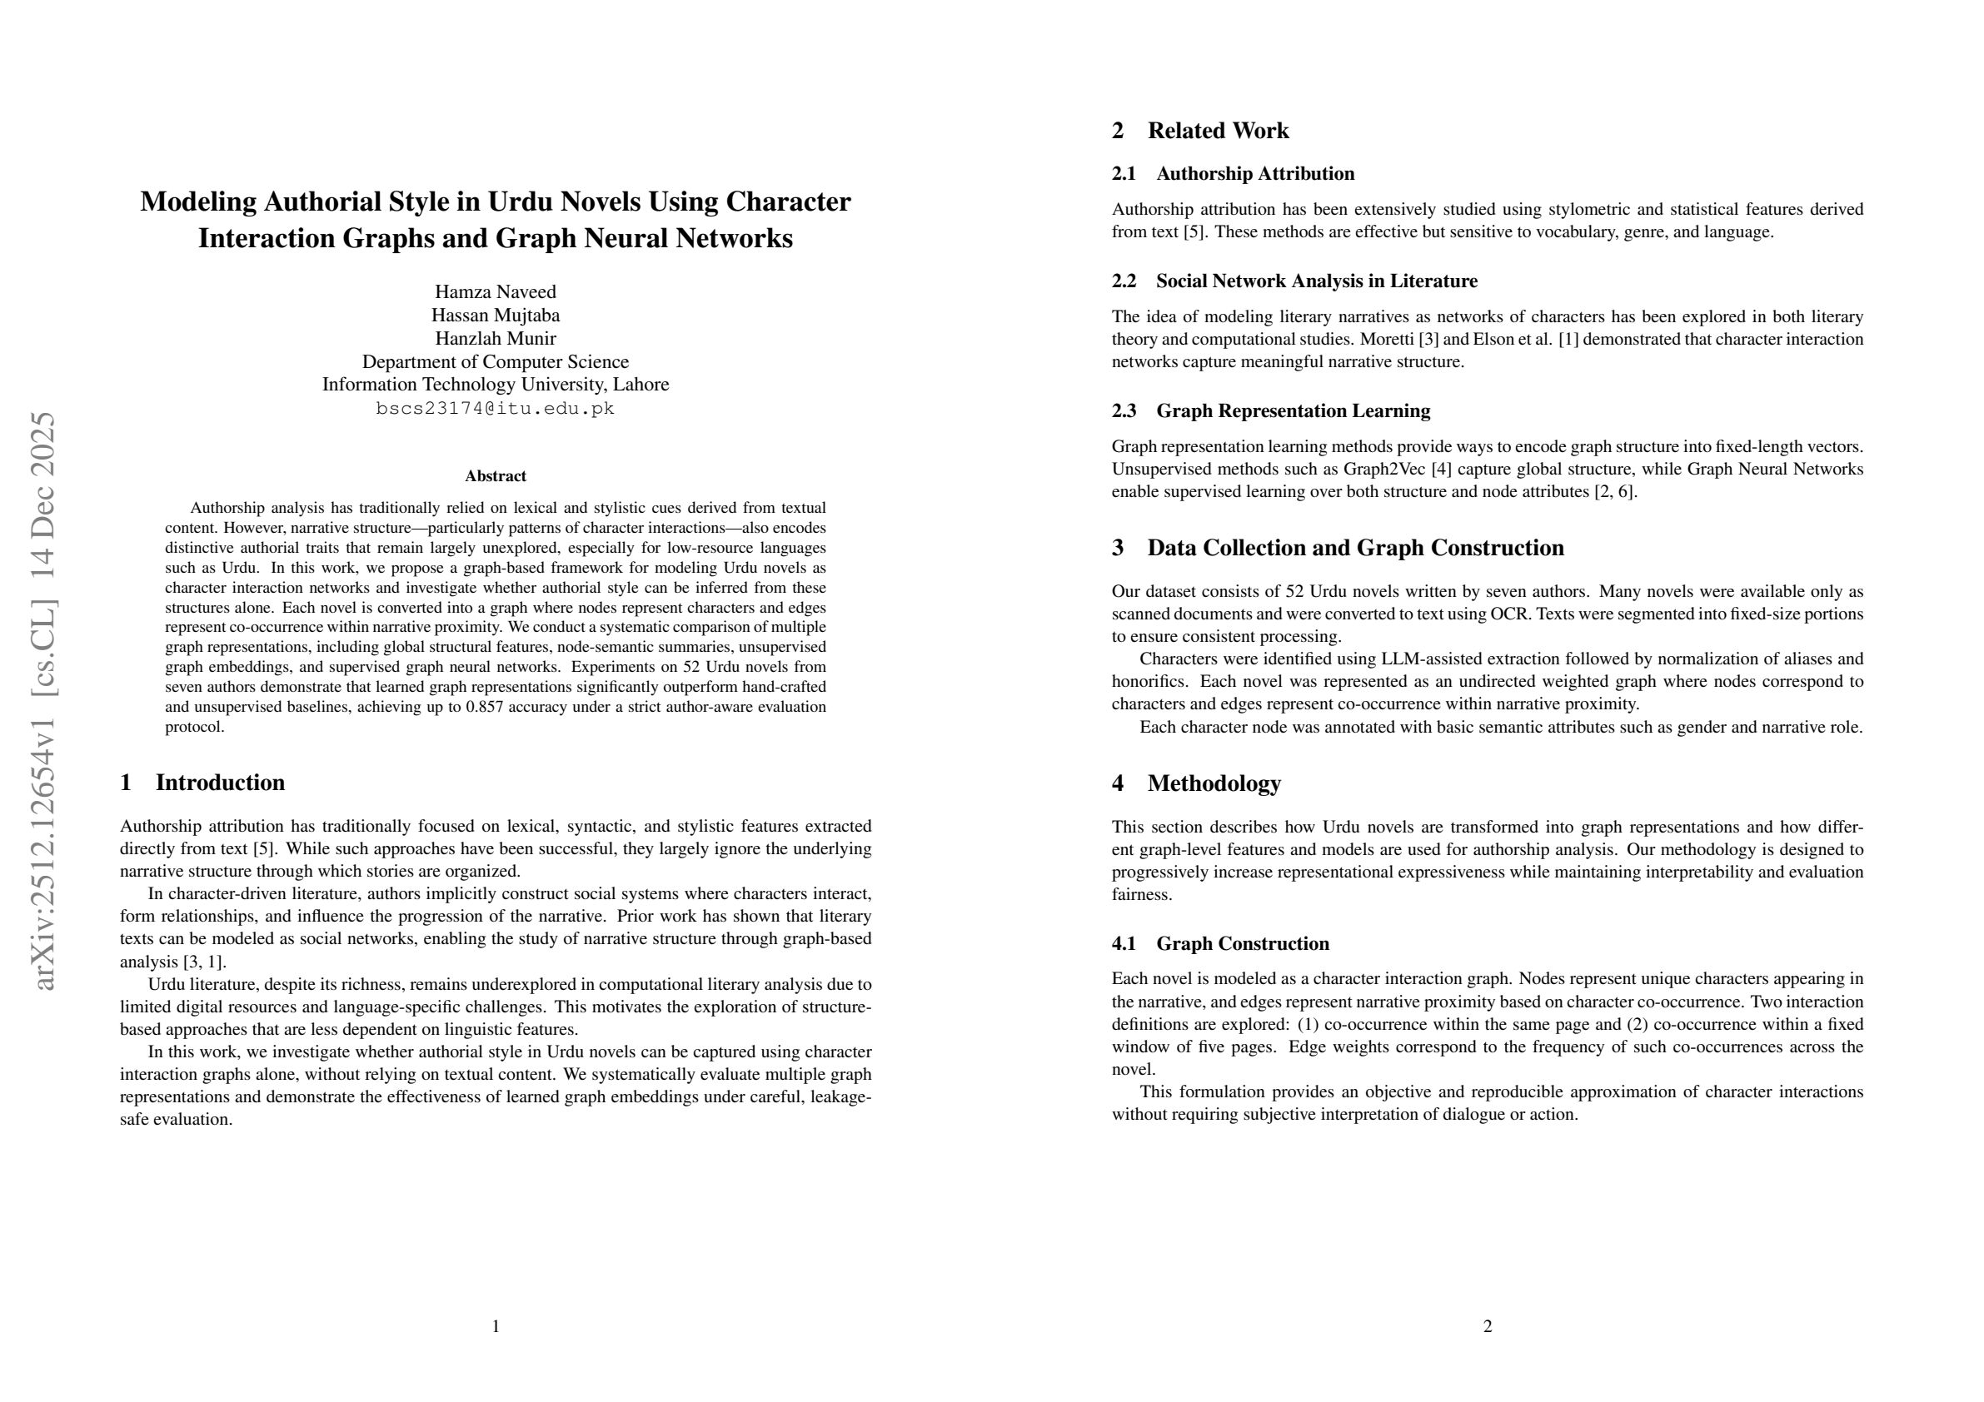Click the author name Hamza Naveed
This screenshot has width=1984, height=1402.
[x=495, y=292]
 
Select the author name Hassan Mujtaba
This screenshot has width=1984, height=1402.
[x=495, y=316]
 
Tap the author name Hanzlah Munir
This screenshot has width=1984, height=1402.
[x=495, y=339]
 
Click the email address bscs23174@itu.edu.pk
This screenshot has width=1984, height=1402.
[x=495, y=409]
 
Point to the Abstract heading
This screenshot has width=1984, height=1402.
[x=495, y=476]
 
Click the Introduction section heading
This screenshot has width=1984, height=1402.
[x=220, y=783]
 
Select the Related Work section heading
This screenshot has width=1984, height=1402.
[x=1218, y=131]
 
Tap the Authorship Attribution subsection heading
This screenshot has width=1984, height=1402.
[x=1254, y=174]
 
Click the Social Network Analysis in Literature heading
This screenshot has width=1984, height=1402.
[x=1316, y=281]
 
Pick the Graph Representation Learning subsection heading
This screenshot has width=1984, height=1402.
[x=1293, y=411]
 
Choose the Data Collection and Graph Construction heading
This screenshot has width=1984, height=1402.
[x=1355, y=548]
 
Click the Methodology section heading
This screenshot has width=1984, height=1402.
[x=1214, y=783]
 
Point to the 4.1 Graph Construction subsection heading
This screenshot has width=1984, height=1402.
[x=1243, y=943]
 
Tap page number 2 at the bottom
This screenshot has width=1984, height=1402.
[x=1487, y=1326]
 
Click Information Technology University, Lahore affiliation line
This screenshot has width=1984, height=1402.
[x=495, y=385]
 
